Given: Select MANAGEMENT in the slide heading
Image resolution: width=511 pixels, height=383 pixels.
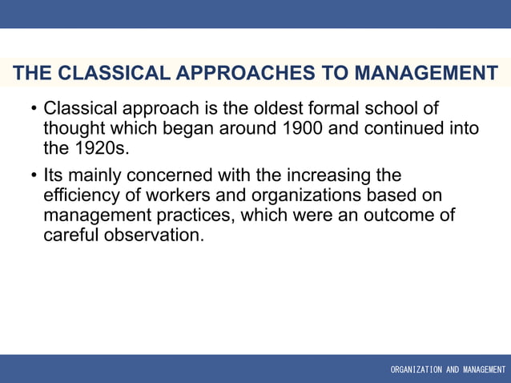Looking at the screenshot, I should (x=425, y=74).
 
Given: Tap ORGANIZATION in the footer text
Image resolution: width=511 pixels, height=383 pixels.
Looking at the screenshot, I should (x=416, y=370).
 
